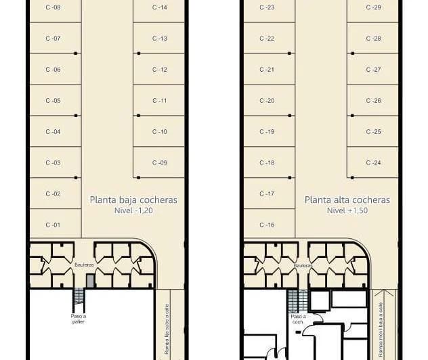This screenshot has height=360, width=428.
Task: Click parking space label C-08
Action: [53, 7]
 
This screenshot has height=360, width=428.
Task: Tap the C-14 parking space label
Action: [160, 7]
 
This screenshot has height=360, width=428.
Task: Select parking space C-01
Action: [53, 225]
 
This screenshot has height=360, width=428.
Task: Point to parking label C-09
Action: [160, 162]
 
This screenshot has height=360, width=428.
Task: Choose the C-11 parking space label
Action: [160, 101]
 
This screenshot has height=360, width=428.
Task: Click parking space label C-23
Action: [267, 7]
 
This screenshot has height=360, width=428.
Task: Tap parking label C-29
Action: [373, 7]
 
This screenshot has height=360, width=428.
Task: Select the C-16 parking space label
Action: [267, 225]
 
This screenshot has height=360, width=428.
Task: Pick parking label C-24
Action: [373, 162]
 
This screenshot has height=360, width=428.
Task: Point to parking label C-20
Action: [267, 101]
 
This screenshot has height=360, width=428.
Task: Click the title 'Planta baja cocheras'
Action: [133, 200]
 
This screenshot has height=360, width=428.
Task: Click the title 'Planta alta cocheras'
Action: [347, 200]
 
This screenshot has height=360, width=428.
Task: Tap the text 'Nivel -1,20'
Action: [133, 210]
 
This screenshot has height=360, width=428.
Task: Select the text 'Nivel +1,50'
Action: [347, 210]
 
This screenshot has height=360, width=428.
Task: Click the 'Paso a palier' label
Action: [79, 318]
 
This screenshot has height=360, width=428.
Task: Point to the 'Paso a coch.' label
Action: [297, 319]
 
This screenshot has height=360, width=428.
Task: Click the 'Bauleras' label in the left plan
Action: [85, 265]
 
